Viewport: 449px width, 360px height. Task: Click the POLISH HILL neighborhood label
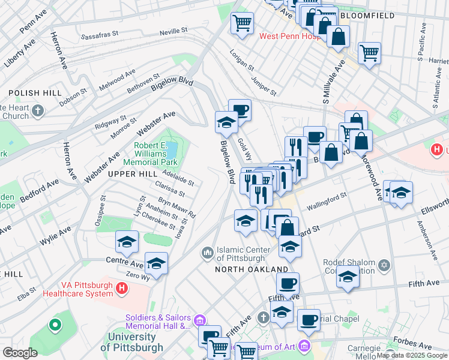coord(40,93)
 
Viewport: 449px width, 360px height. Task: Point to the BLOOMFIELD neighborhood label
coord(367,15)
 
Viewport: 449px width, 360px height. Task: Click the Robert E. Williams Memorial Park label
coord(149,154)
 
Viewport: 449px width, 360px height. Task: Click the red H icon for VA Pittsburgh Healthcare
coord(122,289)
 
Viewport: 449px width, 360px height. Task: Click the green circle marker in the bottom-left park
coord(55,326)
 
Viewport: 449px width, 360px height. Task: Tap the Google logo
coord(20,353)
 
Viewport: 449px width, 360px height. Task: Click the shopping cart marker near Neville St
coord(242,23)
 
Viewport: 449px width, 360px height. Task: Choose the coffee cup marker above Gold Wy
coord(240,110)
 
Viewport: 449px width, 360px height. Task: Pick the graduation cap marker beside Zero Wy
coord(156,263)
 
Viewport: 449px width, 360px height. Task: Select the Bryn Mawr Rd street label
coord(176,207)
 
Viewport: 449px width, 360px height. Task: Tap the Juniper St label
coord(264,84)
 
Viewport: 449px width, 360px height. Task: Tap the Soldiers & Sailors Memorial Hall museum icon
coord(200,319)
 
